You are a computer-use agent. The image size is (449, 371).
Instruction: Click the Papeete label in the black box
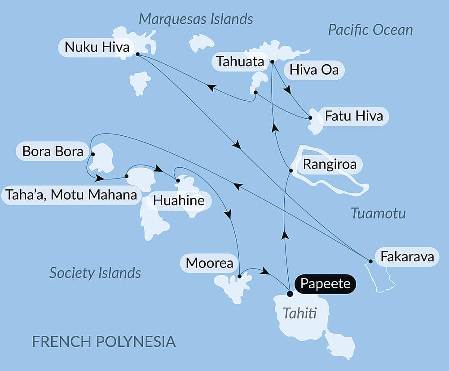tap(325, 284)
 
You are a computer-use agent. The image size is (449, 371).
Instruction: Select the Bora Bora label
tap(53, 152)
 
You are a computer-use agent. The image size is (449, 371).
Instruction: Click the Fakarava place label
tap(407, 257)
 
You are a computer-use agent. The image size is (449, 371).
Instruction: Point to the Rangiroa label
tap(330, 164)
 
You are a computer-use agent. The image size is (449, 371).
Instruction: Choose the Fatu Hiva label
tap(354, 116)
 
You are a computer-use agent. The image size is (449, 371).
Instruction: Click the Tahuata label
tap(240, 62)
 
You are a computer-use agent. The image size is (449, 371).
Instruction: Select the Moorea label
tap(209, 263)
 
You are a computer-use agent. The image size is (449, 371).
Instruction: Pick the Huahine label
tap(179, 201)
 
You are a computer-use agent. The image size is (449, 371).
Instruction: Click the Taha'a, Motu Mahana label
tap(71, 195)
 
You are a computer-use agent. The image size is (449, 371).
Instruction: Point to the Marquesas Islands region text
tap(196, 19)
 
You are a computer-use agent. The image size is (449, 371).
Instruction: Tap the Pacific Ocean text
tap(370, 30)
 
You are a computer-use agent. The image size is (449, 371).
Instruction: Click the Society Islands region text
tap(95, 273)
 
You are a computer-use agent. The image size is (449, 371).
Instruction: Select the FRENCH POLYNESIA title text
tap(104, 341)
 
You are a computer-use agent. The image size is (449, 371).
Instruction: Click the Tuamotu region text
tap(378, 213)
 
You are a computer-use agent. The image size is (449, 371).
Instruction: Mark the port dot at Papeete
tap(290, 294)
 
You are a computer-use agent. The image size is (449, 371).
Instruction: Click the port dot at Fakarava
tap(370, 261)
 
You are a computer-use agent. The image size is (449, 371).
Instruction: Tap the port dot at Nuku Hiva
tap(137, 54)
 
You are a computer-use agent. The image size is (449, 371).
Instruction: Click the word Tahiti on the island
tap(299, 313)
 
